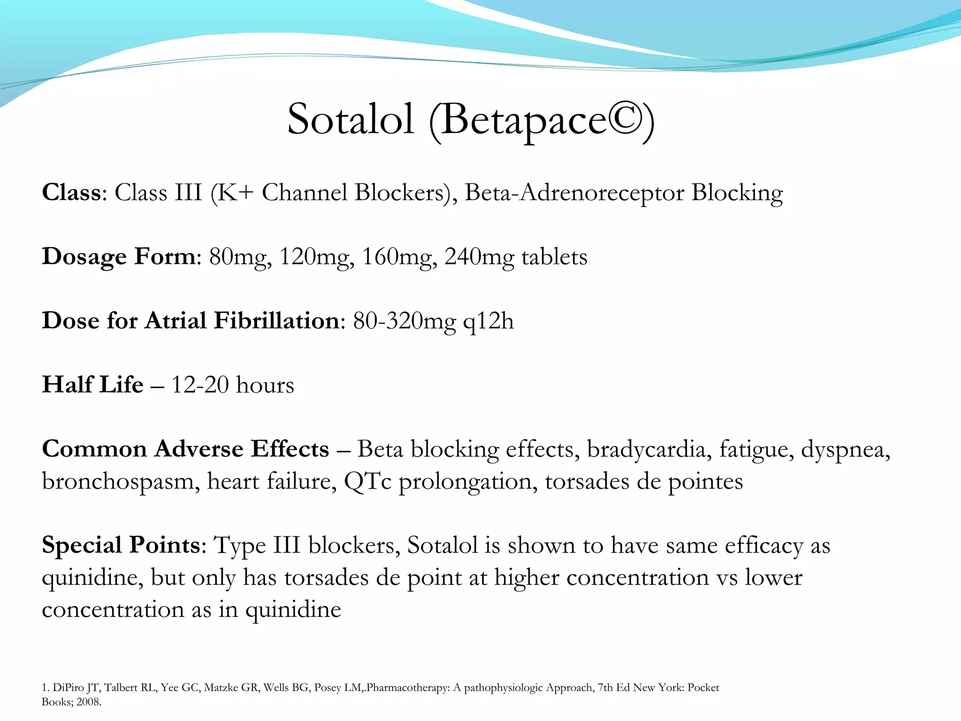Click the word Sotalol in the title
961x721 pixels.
click(351, 119)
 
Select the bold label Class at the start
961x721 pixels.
click(71, 192)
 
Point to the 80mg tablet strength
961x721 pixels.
click(240, 257)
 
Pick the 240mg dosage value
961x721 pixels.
click(479, 257)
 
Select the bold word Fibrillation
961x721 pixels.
click(276, 321)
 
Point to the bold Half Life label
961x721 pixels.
click(92, 385)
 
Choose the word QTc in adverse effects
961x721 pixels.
click(367, 482)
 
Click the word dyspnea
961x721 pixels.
click(845, 450)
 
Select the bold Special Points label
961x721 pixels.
click(121, 545)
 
